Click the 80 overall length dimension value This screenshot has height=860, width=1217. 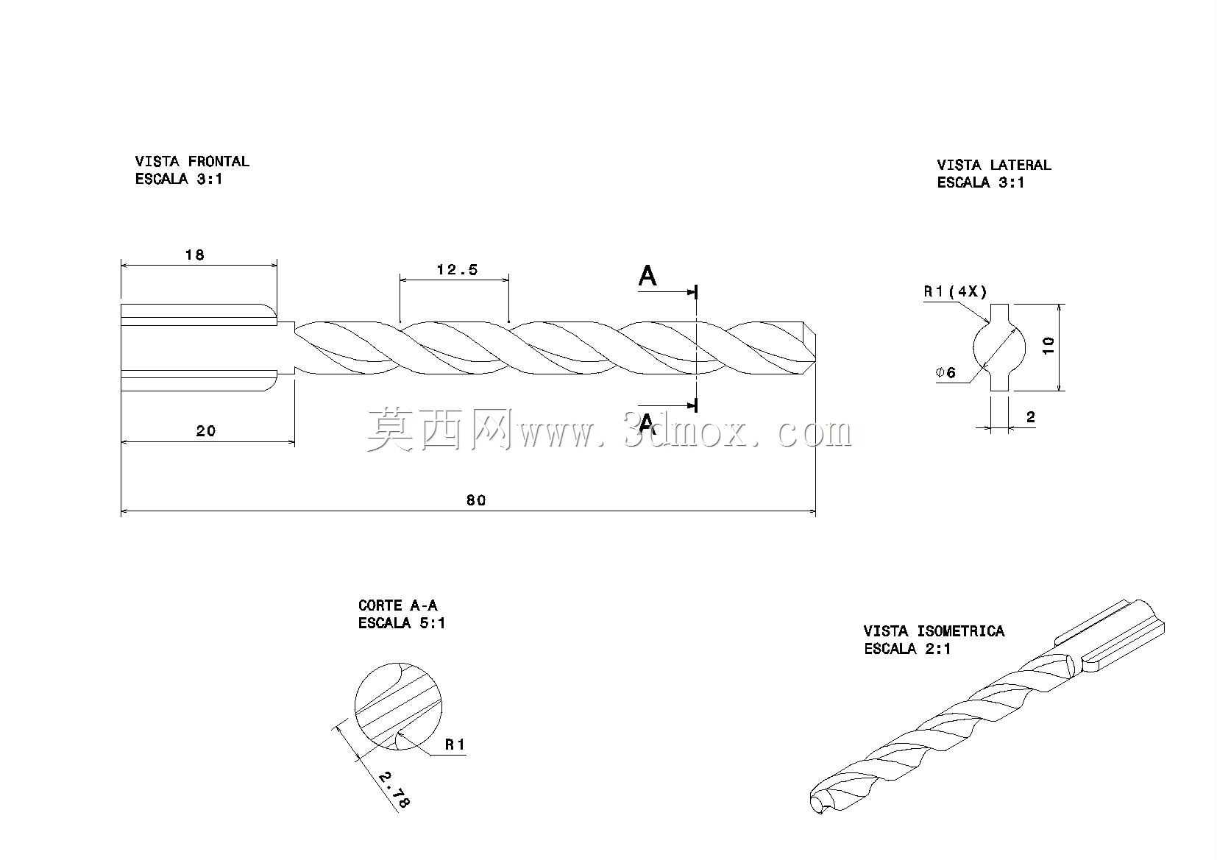click(x=476, y=500)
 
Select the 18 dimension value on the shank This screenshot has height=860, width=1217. click(x=194, y=255)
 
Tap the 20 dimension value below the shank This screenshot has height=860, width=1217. click(x=206, y=431)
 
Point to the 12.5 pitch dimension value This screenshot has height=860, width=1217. click(x=458, y=269)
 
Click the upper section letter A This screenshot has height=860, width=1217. click(x=647, y=276)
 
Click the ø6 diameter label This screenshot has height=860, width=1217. click(x=946, y=372)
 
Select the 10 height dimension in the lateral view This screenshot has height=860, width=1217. click(x=1049, y=346)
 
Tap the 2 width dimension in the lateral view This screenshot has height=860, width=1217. click(x=1031, y=416)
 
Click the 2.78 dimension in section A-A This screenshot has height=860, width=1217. click(x=394, y=789)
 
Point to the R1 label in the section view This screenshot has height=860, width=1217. click(x=455, y=744)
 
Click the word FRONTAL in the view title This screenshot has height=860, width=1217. click(x=219, y=161)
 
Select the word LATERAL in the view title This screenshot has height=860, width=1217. click(x=1021, y=165)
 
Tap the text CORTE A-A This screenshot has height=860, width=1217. click(x=398, y=605)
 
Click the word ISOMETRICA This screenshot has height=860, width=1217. click(x=960, y=631)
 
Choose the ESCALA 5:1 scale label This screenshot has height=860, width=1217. click(x=402, y=622)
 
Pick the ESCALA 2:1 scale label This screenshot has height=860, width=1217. click(x=907, y=649)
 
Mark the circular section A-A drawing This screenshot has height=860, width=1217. click(x=398, y=706)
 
